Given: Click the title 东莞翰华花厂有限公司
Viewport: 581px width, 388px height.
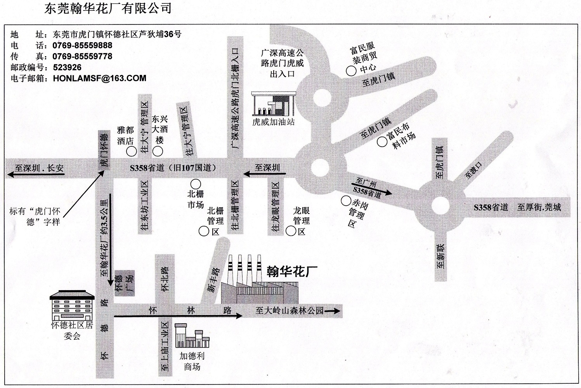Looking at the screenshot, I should coord(108,9).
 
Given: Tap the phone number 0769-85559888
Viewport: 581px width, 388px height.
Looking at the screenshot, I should coord(82,45).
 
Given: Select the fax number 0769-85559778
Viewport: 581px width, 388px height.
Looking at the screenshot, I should coord(82,56).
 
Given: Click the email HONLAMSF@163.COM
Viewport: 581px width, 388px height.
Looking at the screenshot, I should coord(99,78).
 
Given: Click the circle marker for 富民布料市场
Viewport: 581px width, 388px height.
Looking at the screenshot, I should coord(382,142).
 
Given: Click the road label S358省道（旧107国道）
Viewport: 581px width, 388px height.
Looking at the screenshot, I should coord(172,168).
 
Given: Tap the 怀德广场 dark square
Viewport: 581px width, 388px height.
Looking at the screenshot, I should coord(124,283).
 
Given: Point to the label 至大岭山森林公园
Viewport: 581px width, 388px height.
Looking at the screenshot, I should coord(290,311).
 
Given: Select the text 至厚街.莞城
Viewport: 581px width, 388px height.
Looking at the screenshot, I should coord(539,207).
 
